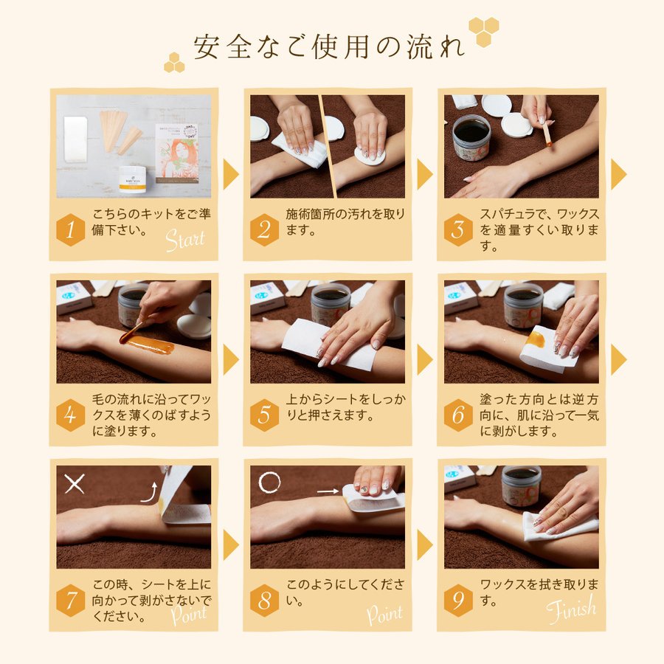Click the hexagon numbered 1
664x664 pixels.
(x=70, y=230)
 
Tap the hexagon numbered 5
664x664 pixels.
(x=264, y=415)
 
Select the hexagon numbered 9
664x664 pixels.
(x=458, y=601)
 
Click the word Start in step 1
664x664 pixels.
(x=185, y=240)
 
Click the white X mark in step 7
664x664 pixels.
(x=75, y=483)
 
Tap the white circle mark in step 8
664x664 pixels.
(x=269, y=482)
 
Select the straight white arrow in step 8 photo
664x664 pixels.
(x=328, y=491)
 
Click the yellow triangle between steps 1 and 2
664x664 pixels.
(x=231, y=174)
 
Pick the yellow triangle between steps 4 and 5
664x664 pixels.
(x=231, y=359)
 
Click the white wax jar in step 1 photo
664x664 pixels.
(x=133, y=179)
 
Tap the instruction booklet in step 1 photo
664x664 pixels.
(x=177, y=153)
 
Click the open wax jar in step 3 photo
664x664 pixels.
(x=471, y=136)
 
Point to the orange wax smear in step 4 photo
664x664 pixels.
(x=148, y=343)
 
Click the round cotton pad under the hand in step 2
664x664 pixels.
(x=370, y=156)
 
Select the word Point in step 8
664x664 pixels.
(x=384, y=614)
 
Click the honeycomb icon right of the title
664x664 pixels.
(x=483, y=31)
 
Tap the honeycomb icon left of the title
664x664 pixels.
(x=174, y=63)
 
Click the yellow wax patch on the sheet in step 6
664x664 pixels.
(x=536, y=339)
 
